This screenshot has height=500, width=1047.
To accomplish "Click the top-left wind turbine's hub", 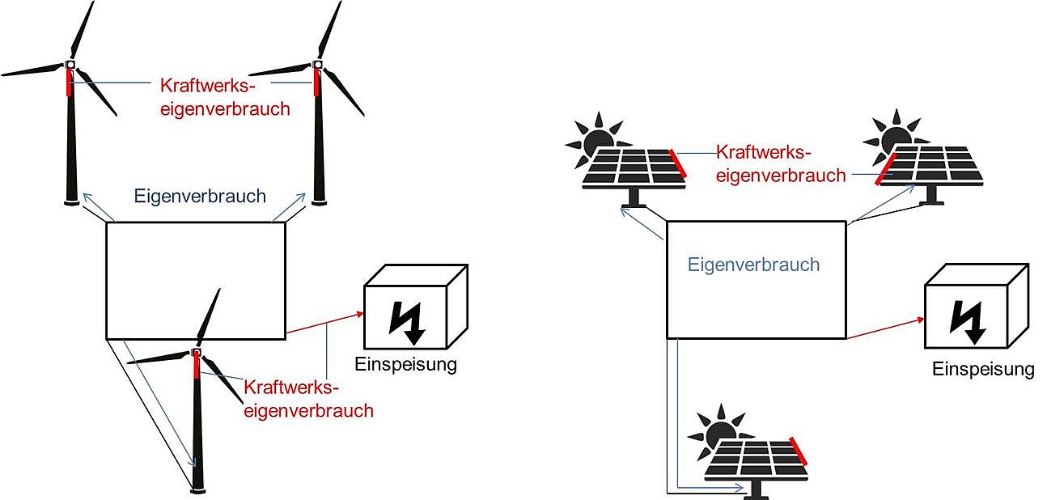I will pyautogui.click(x=70, y=64).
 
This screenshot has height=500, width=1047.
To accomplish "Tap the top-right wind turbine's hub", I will pyautogui.click(x=318, y=64).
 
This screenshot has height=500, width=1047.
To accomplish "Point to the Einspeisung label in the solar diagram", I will pyautogui.click(x=983, y=370).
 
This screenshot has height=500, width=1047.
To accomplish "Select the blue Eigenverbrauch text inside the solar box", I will pyautogui.click(x=753, y=265).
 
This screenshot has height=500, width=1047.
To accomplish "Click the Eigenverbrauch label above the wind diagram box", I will pyautogui.click(x=199, y=195).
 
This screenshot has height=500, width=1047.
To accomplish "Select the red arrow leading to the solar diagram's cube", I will pyautogui.click(x=884, y=328).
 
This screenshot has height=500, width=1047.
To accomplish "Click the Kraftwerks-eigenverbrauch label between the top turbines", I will pyautogui.click(x=224, y=96).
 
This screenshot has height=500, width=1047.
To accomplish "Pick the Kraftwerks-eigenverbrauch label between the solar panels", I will pyautogui.click(x=781, y=163).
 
